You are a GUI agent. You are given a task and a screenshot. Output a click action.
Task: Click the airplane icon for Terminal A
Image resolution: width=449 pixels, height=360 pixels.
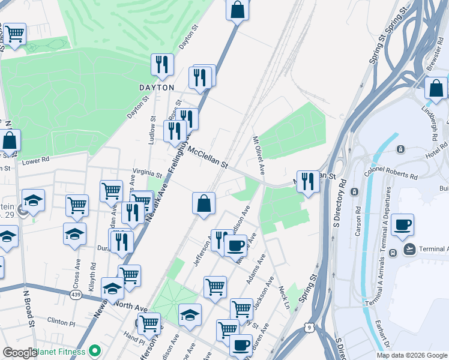point(410,249)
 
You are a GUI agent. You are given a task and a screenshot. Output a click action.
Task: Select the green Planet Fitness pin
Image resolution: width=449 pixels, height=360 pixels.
point(94,351)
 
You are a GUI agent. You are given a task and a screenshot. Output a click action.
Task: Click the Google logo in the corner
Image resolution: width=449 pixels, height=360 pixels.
point(20,353)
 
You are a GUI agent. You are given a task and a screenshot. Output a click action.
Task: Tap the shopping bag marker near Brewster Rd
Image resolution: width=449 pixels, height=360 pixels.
point(436,89)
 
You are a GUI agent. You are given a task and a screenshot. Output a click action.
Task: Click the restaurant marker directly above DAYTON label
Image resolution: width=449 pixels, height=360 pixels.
point(162,65)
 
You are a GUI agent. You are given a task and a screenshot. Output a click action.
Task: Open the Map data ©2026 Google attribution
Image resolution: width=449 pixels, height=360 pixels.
point(412,355)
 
